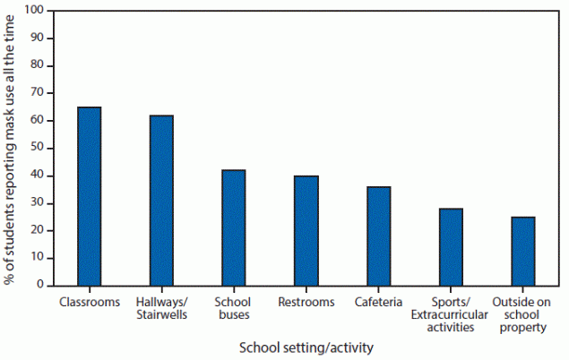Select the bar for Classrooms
tap(89, 196)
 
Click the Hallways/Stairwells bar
tap(161, 200)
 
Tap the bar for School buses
tap(234, 227)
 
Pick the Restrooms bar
tap(306, 230)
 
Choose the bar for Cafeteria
tap(379, 236)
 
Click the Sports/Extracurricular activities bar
tap(451, 246)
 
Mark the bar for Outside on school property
tap(523, 251)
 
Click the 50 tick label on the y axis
tap(38, 148)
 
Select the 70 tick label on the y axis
tap(38, 93)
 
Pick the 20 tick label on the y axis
tap(38, 230)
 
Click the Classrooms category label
tap(89, 302)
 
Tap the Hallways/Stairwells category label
tap(161, 308)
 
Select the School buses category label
tap(234, 308)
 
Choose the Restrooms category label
tap(306, 302)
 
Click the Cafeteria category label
tap(379, 302)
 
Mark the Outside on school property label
tap(523, 315)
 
